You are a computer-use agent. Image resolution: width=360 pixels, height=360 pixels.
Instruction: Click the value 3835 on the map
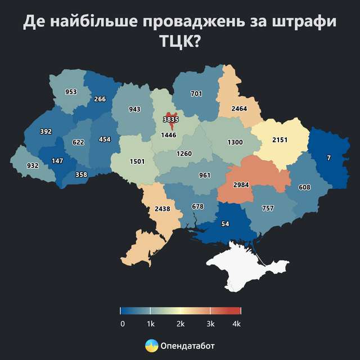pos(170,120)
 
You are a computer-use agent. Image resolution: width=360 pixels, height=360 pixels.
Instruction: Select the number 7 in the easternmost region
pos(328,159)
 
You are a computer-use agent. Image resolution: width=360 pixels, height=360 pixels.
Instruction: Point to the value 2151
pos(279,139)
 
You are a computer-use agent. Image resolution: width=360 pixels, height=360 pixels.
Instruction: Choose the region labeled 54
pos(225,224)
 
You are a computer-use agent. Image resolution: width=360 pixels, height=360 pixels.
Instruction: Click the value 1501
pos(137,161)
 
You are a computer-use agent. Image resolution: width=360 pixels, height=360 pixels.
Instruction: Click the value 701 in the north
pos(196,94)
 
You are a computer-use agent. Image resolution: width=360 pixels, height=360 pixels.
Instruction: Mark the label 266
pos(100,99)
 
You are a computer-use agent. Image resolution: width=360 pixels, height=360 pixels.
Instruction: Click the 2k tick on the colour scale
pos(181,310)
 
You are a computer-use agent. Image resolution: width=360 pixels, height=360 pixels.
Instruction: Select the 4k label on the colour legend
pos(236,324)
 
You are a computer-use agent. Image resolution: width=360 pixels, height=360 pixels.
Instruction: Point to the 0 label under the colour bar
pos(122,324)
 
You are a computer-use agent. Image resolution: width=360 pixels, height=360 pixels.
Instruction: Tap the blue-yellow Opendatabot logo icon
pos(151,346)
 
